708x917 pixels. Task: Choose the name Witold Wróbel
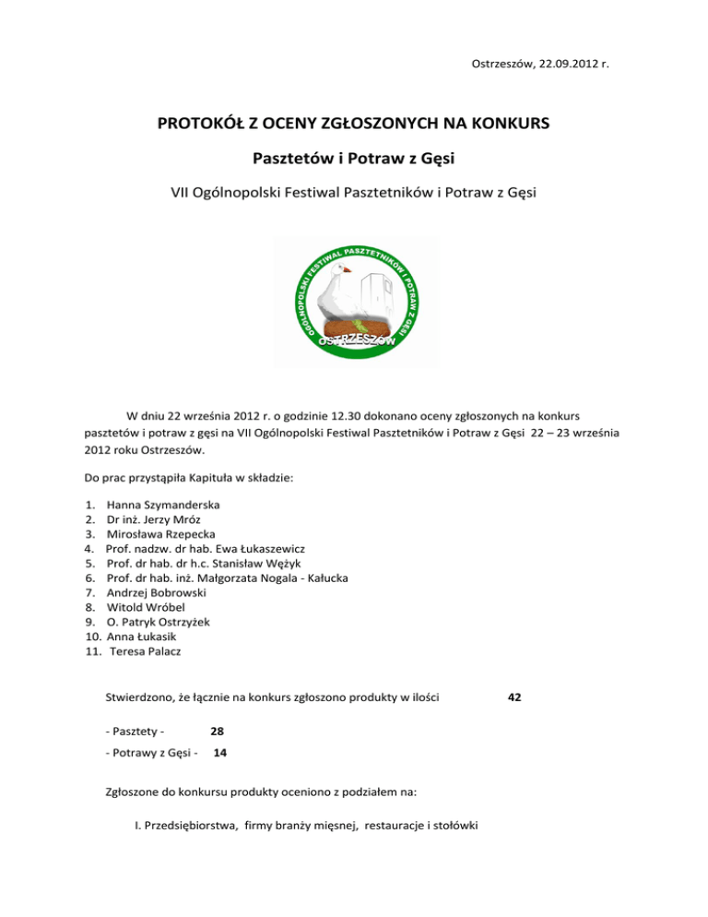[x=146, y=613]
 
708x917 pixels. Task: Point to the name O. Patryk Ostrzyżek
[x=158, y=627]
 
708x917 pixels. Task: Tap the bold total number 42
[x=514, y=699]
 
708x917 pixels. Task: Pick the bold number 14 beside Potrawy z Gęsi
[x=220, y=753]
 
